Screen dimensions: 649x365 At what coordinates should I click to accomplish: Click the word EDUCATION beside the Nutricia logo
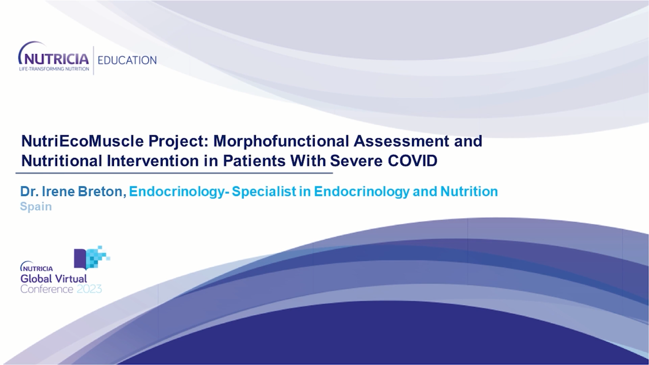coord(127,60)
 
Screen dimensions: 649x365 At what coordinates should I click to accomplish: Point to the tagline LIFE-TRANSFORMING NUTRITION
coord(54,69)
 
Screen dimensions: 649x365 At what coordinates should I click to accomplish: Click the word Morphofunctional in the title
coord(281,141)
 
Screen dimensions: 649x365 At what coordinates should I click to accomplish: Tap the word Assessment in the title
coord(401,141)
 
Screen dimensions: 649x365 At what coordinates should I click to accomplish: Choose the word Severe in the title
coord(356,161)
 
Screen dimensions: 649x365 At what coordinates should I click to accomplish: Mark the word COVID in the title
coord(413,161)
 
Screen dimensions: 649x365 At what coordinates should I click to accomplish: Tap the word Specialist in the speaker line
coord(264,192)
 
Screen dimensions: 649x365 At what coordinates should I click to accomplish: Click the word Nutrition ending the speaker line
coord(469,192)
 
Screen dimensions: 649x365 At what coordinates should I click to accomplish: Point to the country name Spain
coord(36,207)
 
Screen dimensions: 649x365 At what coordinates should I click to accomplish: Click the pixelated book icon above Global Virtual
coord(92,258)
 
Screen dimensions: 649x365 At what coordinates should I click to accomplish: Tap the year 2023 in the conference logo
coord(89,289)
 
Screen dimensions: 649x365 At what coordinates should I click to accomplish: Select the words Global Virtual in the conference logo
coord(54,279)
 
